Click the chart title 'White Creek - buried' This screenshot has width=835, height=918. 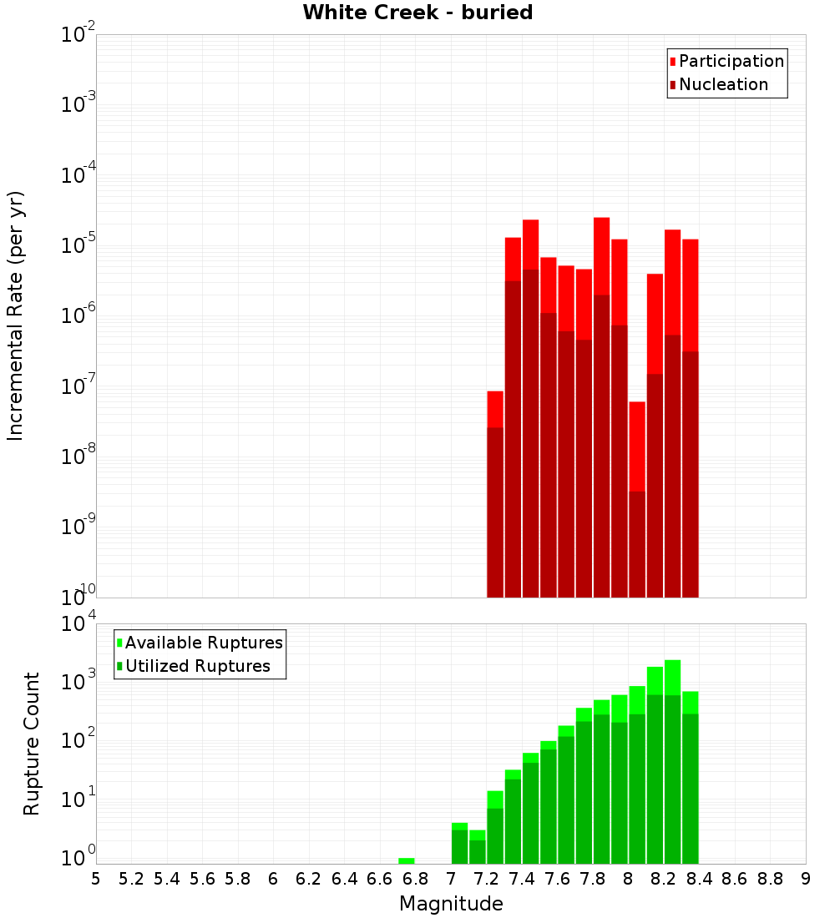click(417, 13)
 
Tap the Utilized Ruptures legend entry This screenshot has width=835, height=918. click(197, 666)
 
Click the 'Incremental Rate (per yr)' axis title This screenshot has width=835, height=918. click(16, 315)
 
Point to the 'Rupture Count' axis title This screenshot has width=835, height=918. click(32, 744)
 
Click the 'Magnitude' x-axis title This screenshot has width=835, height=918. click(451, 904)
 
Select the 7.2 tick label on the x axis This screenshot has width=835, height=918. click(486, 879)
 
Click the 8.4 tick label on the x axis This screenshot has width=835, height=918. click(699, 879)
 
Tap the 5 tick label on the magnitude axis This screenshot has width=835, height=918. click(96, 879)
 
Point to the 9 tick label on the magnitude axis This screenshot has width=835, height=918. click(806, 879)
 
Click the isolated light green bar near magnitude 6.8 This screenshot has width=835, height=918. click(407, 860)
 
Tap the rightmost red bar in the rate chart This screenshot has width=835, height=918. click(690, 417)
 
